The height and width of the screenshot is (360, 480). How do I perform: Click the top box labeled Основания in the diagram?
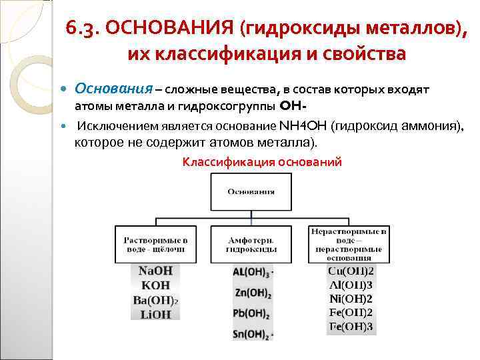251,192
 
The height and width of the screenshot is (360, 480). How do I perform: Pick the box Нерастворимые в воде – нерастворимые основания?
349,243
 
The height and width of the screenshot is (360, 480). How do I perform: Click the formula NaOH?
155,271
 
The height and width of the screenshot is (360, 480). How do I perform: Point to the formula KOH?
155,285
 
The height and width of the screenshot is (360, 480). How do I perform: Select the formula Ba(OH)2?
155,299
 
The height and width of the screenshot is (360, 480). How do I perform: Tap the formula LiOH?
155,314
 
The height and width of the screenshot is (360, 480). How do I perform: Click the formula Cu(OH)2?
350,271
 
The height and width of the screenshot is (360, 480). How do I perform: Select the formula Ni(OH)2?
350,299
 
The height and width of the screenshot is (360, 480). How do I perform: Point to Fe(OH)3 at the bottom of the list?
350,327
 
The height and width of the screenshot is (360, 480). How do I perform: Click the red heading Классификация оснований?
262,162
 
